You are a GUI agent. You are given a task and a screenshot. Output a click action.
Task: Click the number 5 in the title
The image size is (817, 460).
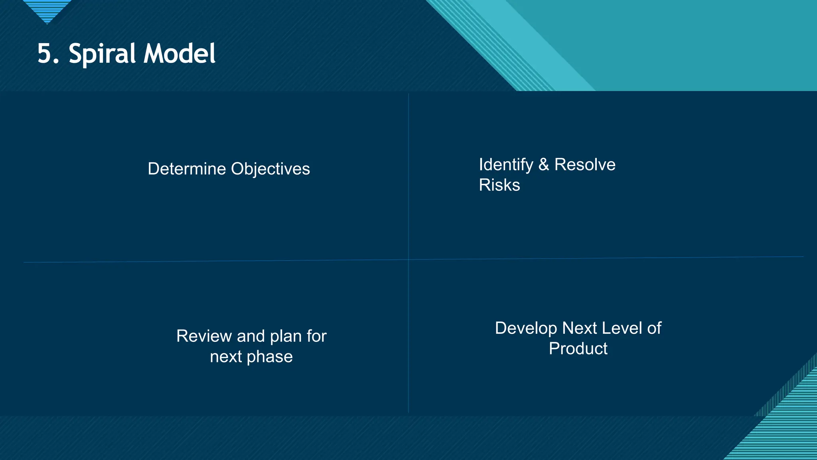pos(45,54)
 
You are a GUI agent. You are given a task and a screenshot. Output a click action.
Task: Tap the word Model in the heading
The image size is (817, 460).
pos(180,54)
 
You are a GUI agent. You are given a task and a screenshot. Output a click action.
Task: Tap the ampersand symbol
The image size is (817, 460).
pos(543,165)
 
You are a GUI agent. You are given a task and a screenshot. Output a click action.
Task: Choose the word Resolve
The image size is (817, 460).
pos(585,165)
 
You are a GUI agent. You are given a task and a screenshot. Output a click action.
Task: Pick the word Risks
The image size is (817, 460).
pos(499,185)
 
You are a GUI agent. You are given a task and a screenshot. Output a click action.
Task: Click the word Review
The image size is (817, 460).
pos(204,336)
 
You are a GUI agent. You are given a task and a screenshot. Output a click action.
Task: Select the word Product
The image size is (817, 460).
pos(578,349)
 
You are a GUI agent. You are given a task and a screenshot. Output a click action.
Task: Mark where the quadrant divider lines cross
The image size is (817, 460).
pos(408,260)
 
